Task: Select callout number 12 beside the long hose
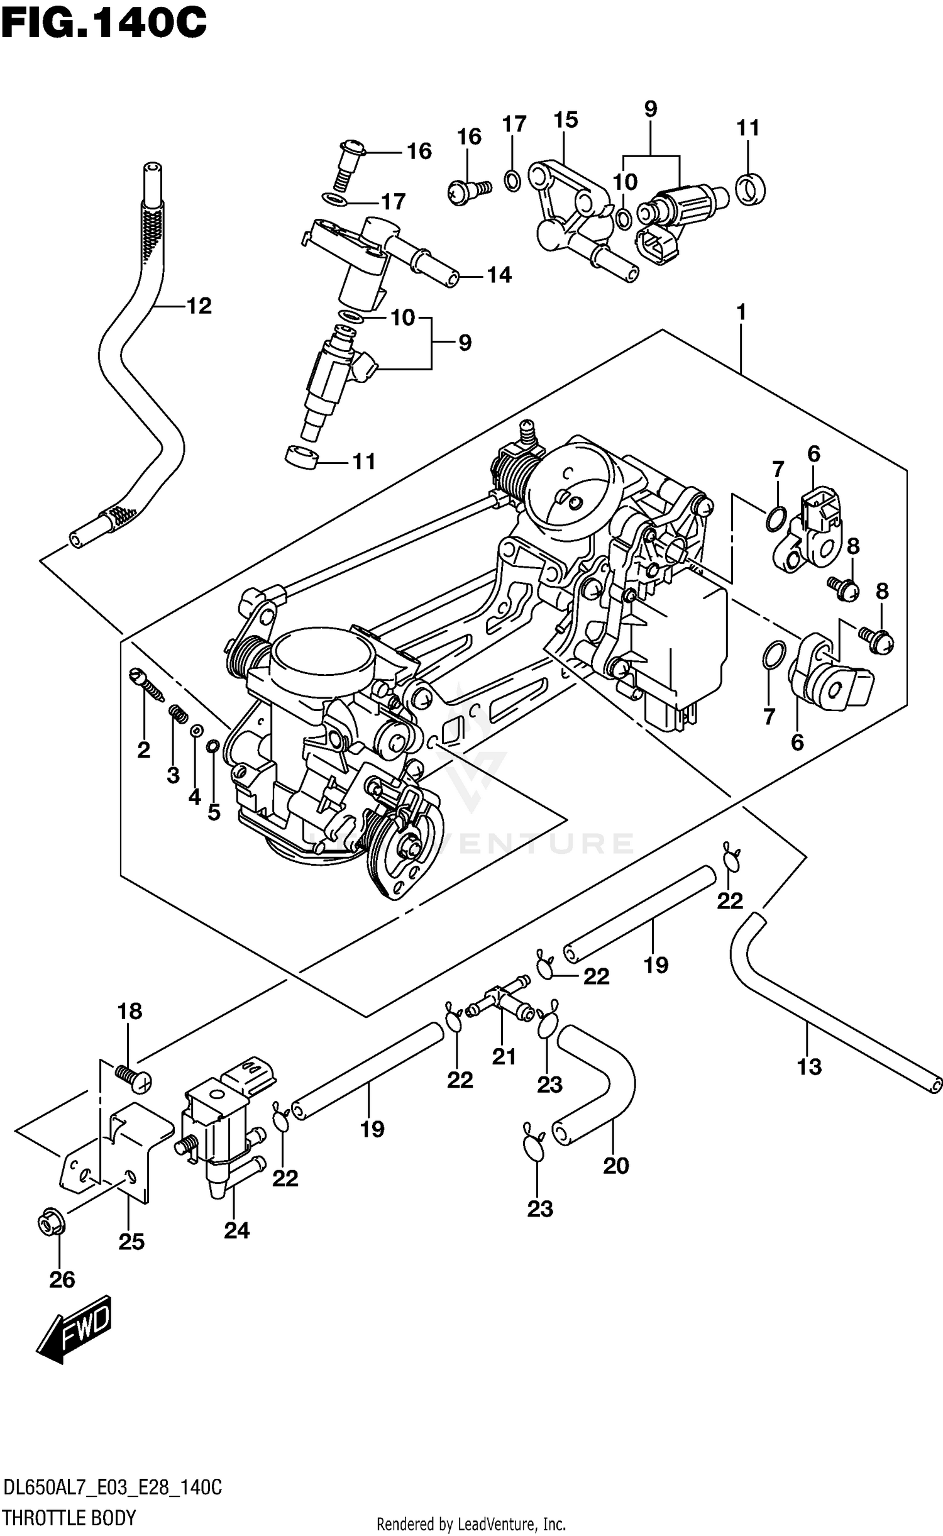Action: point(199,306)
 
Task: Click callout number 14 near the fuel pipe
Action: point(499,275)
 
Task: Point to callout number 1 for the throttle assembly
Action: point(741,312)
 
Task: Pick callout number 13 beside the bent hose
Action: point(809,1066)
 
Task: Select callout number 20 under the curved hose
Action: point(615,1166)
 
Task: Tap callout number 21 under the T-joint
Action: point(504,1057)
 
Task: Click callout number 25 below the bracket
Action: point(131,1241)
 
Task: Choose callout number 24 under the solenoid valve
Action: point(236,1230)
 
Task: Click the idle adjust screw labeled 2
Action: point(146,685)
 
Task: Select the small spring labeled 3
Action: point(179,714)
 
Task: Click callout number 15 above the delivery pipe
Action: point(566,119)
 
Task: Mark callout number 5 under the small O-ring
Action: point(214,812)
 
